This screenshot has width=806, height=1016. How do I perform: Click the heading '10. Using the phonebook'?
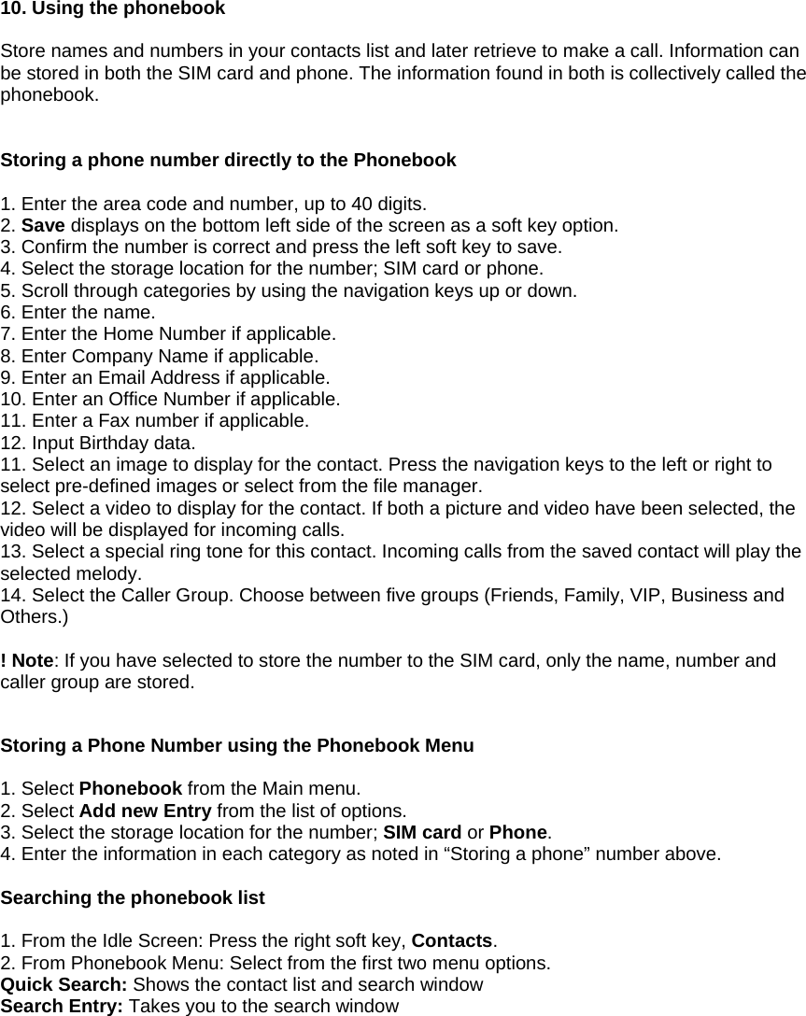(112, 9)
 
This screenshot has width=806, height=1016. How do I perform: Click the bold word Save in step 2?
(43, 226)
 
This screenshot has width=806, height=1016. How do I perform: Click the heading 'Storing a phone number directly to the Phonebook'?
(229, 160)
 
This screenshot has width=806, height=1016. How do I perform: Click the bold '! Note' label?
(27, 661)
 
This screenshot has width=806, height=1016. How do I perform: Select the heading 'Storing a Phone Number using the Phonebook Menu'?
(237, 746)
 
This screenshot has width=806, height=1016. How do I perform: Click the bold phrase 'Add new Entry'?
(137, 811)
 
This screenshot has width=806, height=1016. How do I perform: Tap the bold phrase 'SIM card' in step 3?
(422, 832)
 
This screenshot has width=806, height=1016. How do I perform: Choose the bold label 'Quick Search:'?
(64, 984)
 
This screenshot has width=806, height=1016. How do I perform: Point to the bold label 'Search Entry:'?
(63, 1007)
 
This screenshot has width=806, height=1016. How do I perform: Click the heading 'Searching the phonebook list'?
(133, 898)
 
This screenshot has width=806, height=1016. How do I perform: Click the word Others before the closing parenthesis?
(29, 617)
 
